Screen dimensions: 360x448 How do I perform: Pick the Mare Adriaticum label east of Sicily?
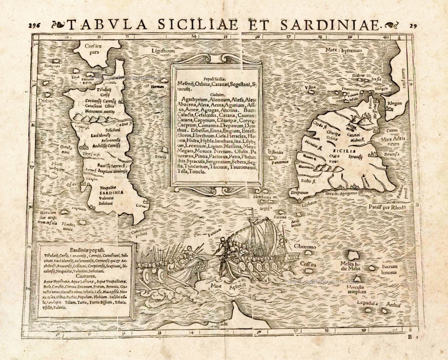click(393, 141)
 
